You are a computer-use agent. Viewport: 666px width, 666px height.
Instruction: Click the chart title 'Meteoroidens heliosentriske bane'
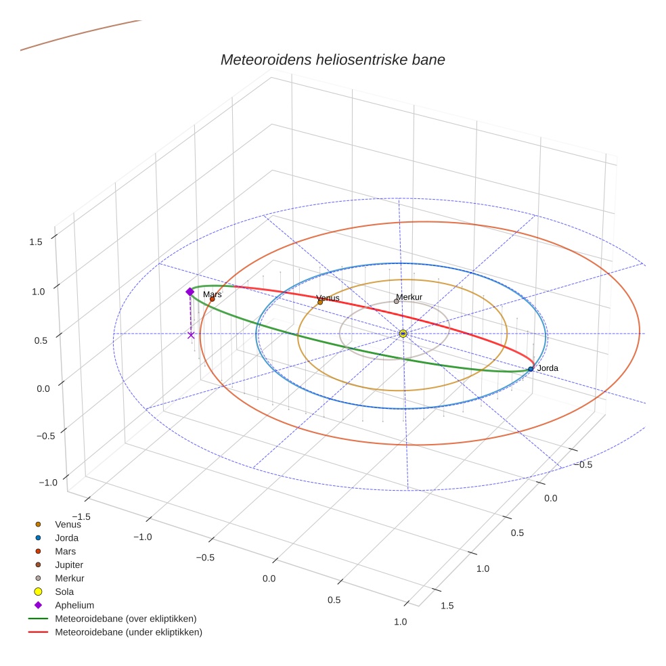[332, 60]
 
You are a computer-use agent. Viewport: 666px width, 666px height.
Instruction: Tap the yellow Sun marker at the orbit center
[403, 334]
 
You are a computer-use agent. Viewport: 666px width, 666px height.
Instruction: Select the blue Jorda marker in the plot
[531, 369]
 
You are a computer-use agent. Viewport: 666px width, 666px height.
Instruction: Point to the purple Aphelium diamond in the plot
[190, 292]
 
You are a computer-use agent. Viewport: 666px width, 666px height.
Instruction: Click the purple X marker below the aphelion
[191, 335]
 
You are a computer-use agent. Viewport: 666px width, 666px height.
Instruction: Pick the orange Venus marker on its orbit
[320, 303]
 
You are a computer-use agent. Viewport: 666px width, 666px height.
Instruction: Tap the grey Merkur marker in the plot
[397, 301]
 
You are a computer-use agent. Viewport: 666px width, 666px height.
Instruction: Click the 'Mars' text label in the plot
[212, 294]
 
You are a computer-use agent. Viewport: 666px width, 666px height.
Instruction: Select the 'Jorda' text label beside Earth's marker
[548, 368]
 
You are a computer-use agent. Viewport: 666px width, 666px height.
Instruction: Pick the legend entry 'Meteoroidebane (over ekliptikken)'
[125, 619]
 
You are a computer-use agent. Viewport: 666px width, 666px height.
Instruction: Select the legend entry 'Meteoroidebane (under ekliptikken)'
[128, 632]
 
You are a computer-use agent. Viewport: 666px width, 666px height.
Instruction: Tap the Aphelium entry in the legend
[74, 605]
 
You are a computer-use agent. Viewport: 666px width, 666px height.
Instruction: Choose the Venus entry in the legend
[68, 524]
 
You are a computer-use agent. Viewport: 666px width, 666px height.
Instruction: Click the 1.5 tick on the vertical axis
[36, 242]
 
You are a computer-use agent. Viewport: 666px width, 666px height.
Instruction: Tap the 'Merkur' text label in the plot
[409, 296]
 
